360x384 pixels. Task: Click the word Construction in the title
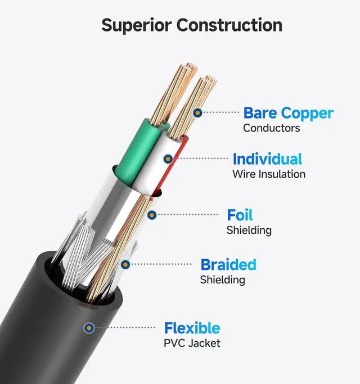point(229,25)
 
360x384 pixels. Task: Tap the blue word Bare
point(260,113)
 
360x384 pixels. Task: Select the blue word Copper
point(307,113)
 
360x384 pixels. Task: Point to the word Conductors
point(271,128)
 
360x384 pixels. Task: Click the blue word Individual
point(267,159)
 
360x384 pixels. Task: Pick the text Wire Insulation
point(269,174)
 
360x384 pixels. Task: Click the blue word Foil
point(240,215)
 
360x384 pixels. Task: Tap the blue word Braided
point(228,264)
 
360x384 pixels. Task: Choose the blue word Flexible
point(192,328)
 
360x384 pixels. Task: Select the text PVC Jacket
point(192,343)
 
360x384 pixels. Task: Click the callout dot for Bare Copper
point(197,112)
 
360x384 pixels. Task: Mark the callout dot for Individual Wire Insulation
point(167,159)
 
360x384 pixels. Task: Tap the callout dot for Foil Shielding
point(151,214)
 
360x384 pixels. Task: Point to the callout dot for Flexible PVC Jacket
point(88,327)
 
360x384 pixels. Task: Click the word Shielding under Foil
point(249,230)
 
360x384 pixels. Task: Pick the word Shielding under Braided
point(222,279)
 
